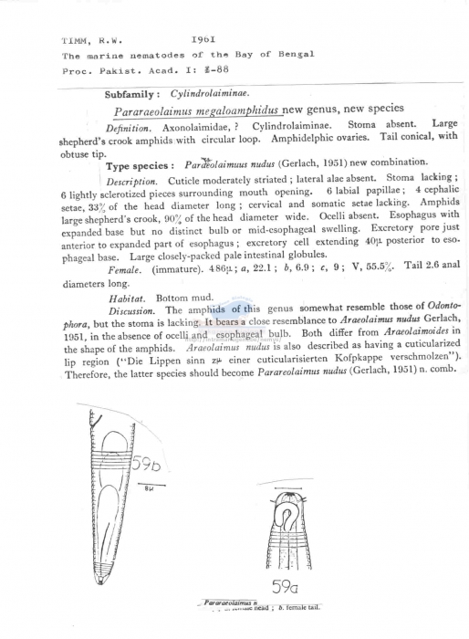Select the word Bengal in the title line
(x=296, y=55)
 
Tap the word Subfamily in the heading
(x=133, y=93)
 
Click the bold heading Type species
(x=139, y=165)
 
